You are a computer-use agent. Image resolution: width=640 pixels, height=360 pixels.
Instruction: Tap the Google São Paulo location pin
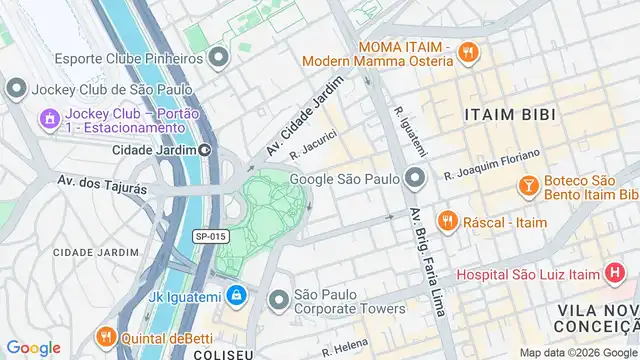[x=416, y=180]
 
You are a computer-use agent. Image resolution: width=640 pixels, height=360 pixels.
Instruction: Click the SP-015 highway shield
[x=210, y=236]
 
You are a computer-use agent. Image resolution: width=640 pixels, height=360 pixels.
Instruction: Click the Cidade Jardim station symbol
[x=205, y=150]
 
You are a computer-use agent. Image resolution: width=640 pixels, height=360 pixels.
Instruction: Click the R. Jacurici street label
[x=313, y=145]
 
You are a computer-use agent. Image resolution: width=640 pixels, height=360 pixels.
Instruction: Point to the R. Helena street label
[x=345, y=346]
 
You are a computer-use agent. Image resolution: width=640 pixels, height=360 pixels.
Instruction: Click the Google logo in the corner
[x=33, y=348]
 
